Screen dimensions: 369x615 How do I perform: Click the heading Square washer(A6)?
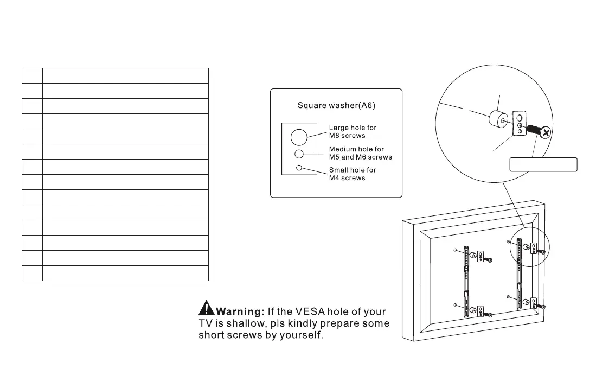336,105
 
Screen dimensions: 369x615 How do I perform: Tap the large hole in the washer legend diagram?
299,137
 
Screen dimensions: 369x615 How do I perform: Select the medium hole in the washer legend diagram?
299,154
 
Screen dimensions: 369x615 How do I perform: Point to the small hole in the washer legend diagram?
299,168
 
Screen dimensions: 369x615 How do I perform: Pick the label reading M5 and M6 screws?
361,157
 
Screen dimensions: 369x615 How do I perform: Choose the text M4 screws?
347,178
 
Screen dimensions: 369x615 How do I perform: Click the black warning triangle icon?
207,308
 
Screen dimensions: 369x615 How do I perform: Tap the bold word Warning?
240,311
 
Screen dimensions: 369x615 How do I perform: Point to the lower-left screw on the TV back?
490,315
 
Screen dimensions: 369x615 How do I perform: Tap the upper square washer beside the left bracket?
480,257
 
